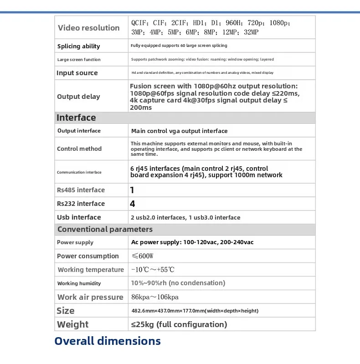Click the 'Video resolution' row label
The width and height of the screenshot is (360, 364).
tap(88, 28)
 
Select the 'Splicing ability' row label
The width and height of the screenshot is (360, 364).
tap(78, 46)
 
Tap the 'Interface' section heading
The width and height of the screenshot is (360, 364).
tap(76, 118)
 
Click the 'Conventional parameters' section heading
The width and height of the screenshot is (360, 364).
tap(105, 229)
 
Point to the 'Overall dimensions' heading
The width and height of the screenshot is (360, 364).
tap(108, 341)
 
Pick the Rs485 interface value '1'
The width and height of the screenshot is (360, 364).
tap(132, 190)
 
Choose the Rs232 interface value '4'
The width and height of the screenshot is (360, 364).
tap(133, 204)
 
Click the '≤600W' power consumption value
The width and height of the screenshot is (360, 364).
tap(142, 256)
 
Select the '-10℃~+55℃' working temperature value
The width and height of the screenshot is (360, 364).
tap(153, 270)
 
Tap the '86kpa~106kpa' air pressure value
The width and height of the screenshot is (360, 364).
tap(154, 297)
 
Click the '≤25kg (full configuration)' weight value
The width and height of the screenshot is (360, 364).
tap(179, 324)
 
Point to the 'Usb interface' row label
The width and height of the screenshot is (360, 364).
tap(79, 217)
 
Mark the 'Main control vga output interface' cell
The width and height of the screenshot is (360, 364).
tap(179, 131)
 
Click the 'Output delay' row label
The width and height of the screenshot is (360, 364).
tap(78, 97)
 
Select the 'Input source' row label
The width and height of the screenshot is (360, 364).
tap(77, 73)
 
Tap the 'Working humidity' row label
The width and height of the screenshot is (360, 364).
tap(79, 283)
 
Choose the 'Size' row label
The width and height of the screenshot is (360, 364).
tap(66, 311)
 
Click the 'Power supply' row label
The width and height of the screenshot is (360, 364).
tap(75, 242)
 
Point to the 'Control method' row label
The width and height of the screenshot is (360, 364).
tap(79, 149)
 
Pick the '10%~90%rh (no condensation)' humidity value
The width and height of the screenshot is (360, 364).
tap(178, 283)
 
